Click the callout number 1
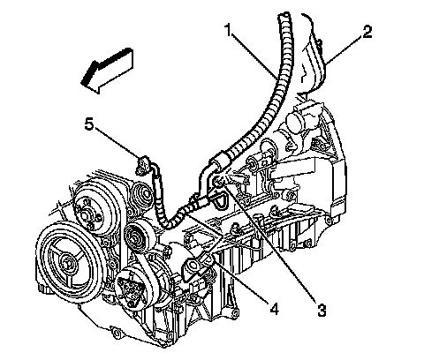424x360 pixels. point(229,30)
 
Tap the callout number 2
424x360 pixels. point(367,32)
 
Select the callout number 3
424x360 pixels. point(322,309)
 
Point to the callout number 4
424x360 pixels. point(274,308)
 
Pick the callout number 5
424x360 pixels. point(89,124)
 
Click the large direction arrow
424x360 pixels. point(108,71)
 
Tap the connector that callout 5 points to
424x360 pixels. point(142,165)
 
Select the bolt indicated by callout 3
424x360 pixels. point(217,182)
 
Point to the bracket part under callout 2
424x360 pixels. point(313,55)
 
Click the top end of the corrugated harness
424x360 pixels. point(284,14)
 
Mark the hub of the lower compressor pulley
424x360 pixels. point(129,286)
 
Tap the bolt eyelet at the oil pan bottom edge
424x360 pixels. point(116,333)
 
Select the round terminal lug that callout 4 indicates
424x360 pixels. point(192,266)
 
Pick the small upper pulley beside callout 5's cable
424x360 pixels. point(144,195)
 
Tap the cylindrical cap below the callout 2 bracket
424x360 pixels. point(298,122)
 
